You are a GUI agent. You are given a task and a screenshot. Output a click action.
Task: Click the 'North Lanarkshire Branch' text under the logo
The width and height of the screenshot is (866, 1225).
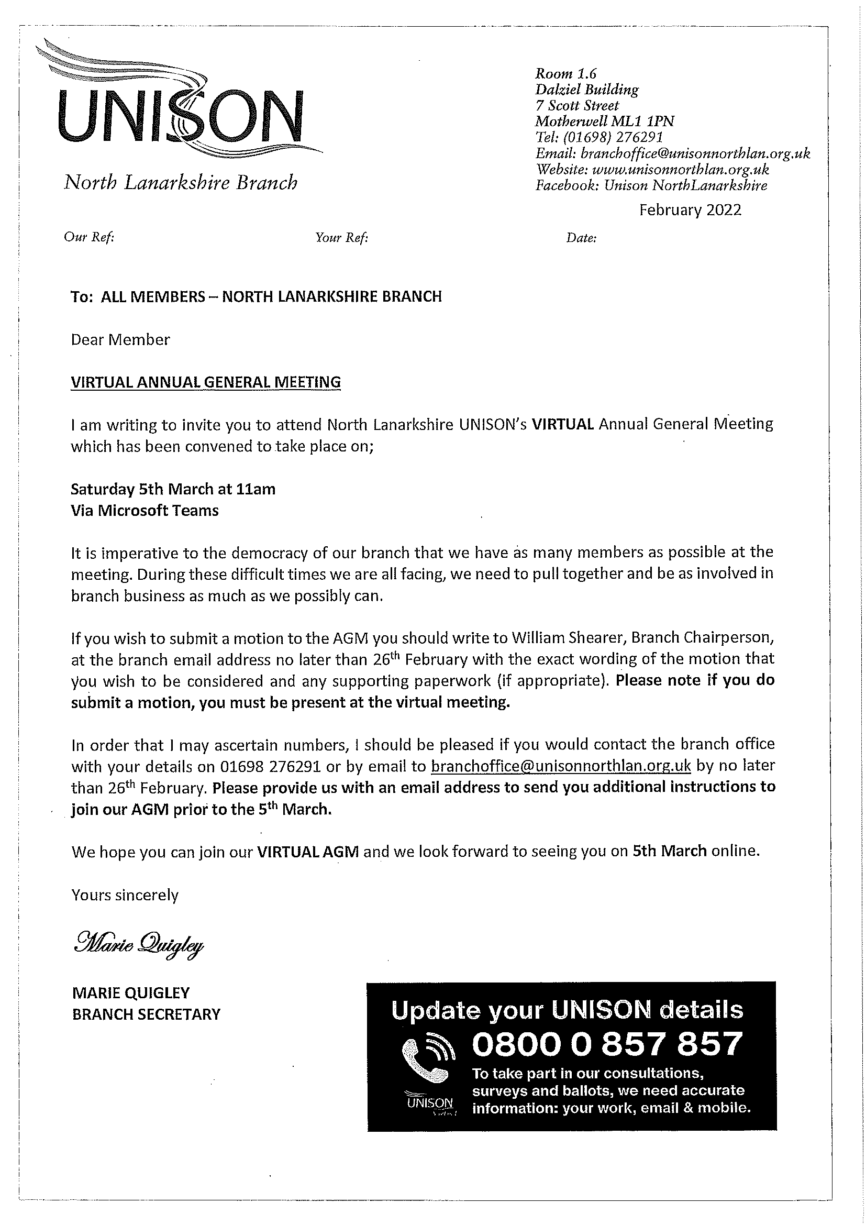pyautogui.click(x=181, y=182)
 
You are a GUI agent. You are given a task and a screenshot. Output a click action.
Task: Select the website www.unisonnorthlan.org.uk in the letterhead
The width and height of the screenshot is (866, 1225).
pyautogui.click(x=681, y=170)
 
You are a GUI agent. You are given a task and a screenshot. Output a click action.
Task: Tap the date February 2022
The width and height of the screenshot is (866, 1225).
pyautogui.click(x=690, y=209)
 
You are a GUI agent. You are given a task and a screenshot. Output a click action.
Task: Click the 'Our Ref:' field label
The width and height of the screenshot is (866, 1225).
pyautogui.click(x=89, y=237)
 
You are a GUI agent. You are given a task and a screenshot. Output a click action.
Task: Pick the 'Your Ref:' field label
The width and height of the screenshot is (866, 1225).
pyautogui.click(x=341, y=237)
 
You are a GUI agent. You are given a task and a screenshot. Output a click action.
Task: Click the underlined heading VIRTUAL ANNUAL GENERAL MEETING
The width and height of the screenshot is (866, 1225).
pyautogui.click(x=206, y=382)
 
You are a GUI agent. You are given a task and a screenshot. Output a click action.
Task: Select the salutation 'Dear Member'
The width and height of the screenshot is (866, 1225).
pyautogui.click(x=120, y=340)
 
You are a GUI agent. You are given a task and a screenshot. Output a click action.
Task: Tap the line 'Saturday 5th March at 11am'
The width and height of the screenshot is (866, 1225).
pyautogui.click(x=173, y=489)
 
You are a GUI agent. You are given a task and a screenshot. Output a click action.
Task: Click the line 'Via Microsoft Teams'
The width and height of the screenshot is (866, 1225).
pyautogui.click(x=145, y=511)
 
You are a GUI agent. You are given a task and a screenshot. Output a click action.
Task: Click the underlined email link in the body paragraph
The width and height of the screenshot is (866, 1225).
pyautogui.click(x=560, y=766)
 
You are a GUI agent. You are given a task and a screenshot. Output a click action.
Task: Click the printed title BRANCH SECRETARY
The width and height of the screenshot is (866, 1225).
pyautogui.click(x=146, y=1014)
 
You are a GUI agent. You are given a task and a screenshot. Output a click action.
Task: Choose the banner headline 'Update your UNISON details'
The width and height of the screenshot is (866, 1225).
pyautogui.click(x=567, y=1009)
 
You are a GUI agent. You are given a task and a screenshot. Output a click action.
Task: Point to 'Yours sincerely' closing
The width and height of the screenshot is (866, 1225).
pyautogui.click(x=125, y=895)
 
